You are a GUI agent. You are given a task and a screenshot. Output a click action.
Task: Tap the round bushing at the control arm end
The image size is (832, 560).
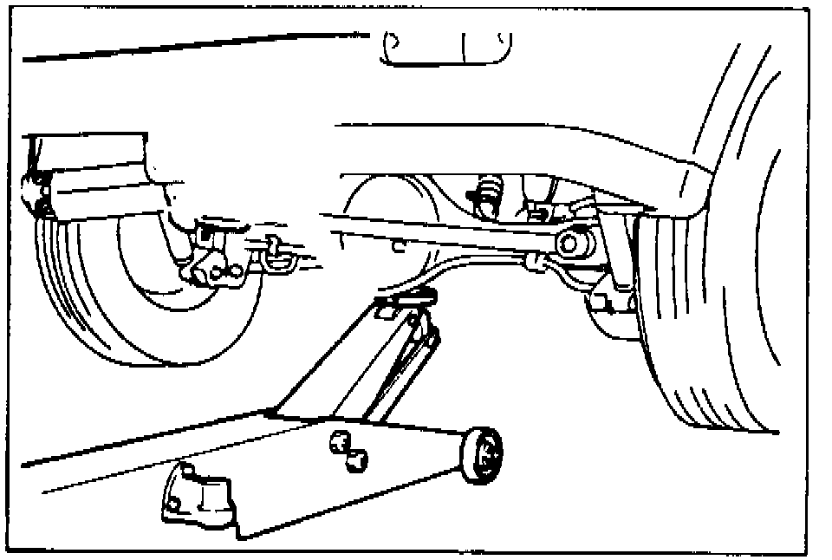(x=573, y=242)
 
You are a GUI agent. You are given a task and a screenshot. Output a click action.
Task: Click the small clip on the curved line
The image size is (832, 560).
(x=532, y=260)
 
